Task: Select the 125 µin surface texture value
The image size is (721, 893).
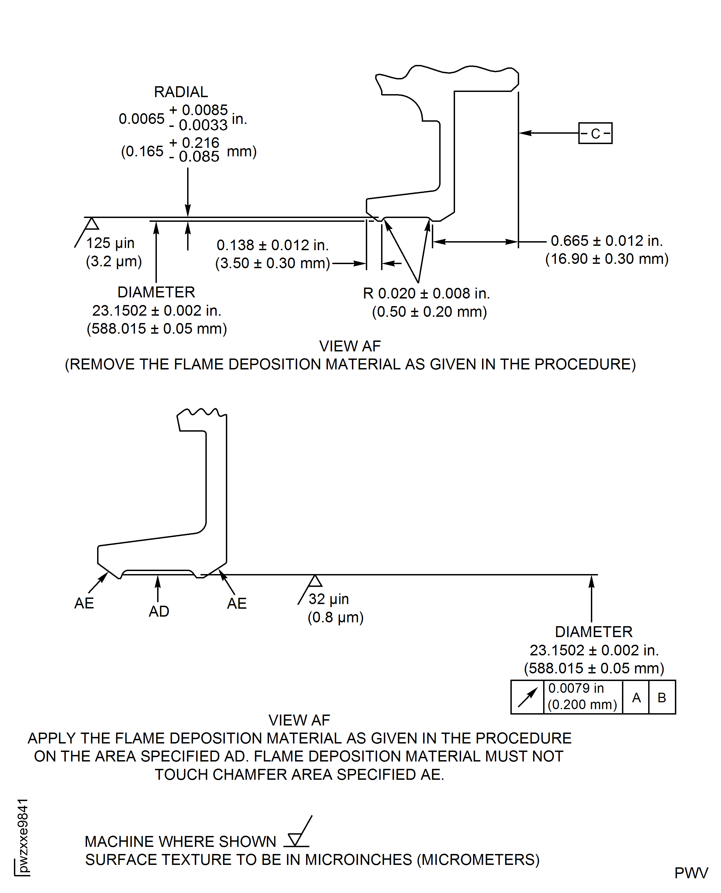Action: click(110, 243)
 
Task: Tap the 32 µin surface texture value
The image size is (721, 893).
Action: click(328, 599)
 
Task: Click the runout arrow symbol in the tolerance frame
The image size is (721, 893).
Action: click(527, 697)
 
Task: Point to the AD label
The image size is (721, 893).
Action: click(159, 611)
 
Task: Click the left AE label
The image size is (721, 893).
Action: click(84, 603)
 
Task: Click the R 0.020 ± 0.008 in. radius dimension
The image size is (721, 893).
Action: click(426, 294)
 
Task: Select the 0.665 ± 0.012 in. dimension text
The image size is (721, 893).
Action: click(606, 241)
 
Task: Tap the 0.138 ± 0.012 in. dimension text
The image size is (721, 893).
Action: click(273, 245)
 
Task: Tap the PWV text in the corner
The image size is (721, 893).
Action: click(691, 873)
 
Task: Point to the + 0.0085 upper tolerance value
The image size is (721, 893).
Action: click(199, 110)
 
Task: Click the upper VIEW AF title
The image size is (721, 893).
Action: click(350, 346)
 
